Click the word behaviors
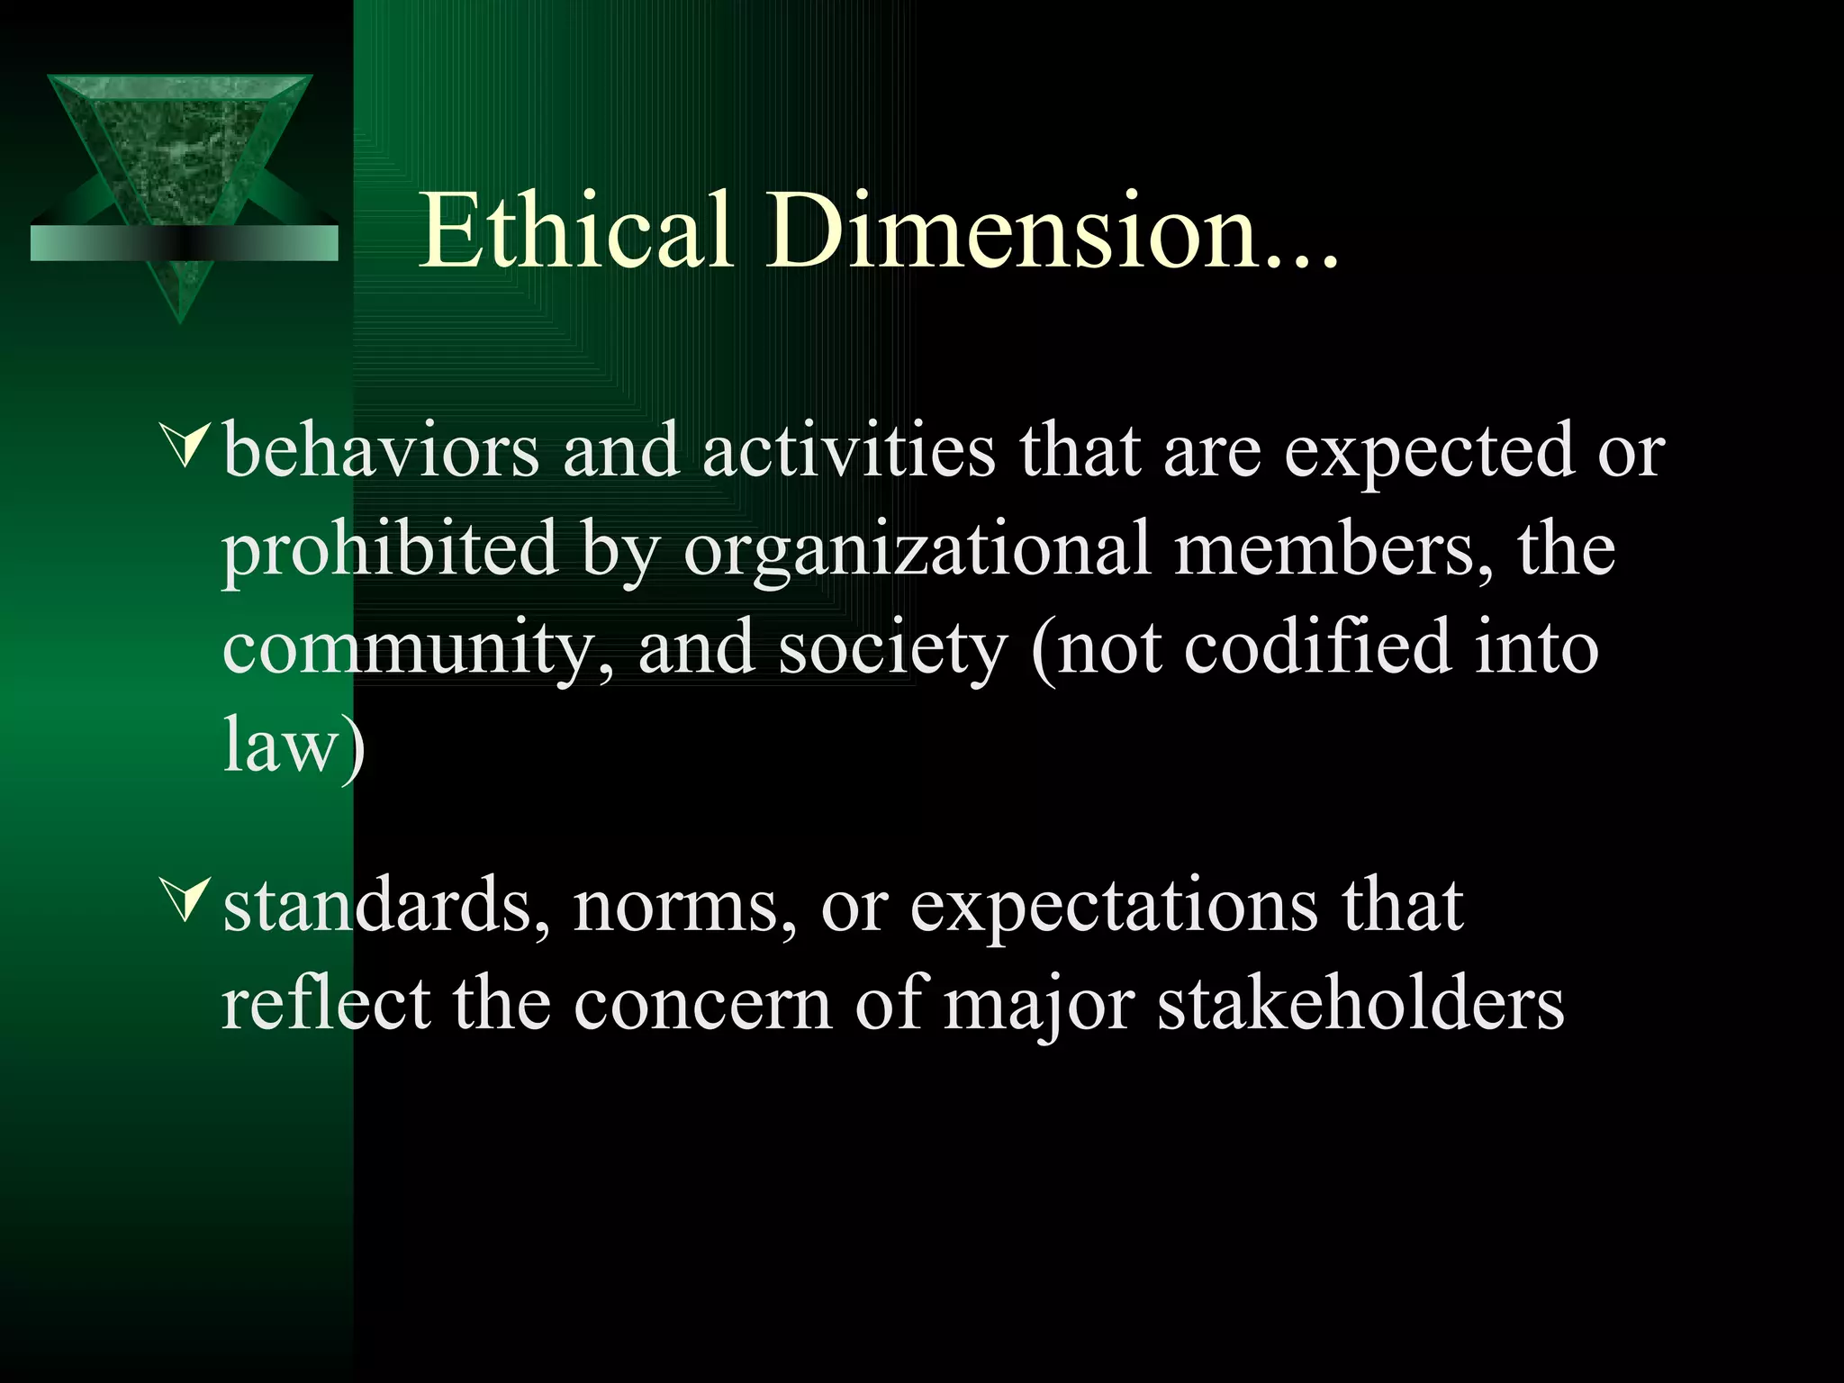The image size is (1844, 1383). click(380, 450)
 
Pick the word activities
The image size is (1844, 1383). click(848, 450)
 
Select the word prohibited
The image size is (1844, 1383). click(390, 551)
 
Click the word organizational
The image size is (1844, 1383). click(917, 551)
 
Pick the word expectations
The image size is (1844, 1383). click(1114, 908)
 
